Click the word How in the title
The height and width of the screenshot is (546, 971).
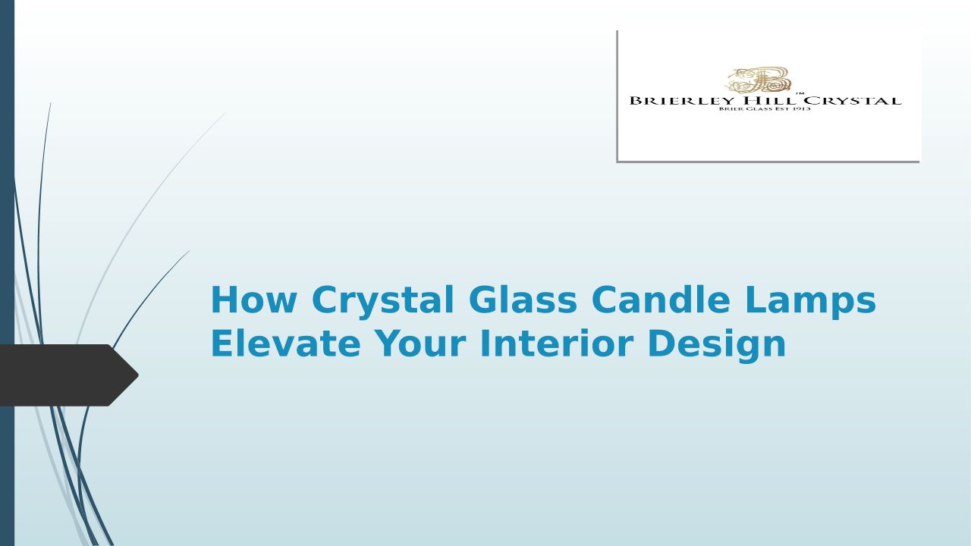tap(254, 300)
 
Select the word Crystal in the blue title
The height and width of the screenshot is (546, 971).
tap(383, 302)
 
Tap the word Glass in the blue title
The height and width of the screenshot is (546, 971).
tap(523, 299)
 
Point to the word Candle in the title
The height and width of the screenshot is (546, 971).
tap(661, 299)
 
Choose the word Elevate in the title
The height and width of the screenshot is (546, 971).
tap(286, 343)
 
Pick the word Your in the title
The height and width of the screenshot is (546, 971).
tap(420, 343)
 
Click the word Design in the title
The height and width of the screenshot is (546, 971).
tap(717, 345)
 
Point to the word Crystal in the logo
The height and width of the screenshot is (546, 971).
tap(853, 101)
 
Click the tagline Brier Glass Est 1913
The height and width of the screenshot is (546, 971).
tap(765, 108)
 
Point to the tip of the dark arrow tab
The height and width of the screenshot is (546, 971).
tap(138, 375)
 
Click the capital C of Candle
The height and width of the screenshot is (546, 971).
tap(604, 300)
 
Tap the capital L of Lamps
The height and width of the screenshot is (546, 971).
tap(755, 300)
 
